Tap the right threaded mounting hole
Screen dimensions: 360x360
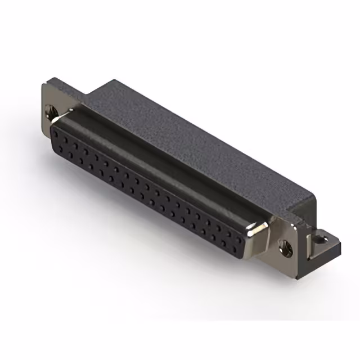point(285,245)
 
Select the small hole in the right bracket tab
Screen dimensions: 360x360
point(322,240)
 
